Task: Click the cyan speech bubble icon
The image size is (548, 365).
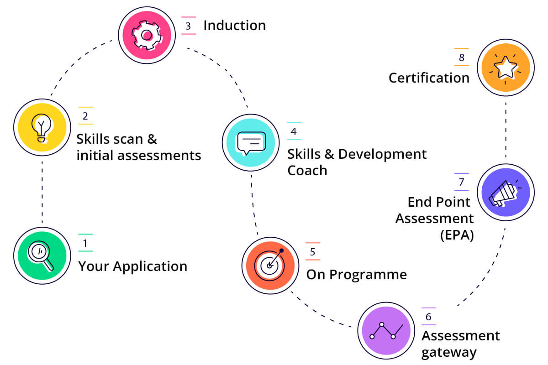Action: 250,142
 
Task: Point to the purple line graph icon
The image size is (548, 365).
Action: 387,332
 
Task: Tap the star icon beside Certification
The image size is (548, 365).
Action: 506,68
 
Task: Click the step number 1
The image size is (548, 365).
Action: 85,243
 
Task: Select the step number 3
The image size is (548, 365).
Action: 188,26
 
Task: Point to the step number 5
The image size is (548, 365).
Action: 312,252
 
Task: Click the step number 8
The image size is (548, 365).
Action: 461,57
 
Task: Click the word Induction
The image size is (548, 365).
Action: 234,26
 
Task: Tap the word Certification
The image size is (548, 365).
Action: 429,78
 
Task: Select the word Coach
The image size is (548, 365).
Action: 307,171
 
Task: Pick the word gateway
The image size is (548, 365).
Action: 449,353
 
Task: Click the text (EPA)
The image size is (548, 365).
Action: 457,235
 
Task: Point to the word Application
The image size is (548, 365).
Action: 150,266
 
